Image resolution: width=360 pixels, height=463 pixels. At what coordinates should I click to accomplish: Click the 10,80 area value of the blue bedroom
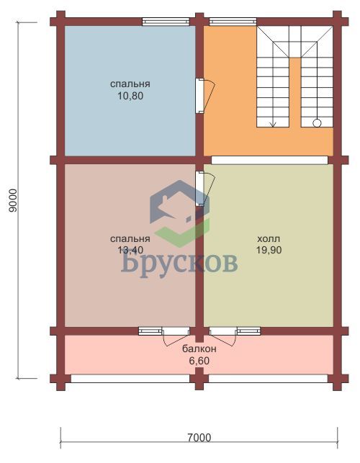coord(130,96)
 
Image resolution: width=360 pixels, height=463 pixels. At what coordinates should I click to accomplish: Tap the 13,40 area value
coord(130,250)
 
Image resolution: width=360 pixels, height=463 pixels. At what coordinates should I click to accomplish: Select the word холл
coord(269,238)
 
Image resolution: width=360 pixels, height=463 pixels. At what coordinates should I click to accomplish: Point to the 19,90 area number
coord(269,250)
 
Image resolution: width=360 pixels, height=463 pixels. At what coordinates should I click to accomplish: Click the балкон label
coord(199,349)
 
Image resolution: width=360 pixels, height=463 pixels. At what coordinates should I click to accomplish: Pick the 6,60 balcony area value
coord(199,361)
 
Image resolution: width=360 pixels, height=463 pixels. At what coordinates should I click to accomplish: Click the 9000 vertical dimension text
coord(14,200)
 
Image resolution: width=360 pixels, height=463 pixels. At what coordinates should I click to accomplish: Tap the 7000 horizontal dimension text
coord(199,437)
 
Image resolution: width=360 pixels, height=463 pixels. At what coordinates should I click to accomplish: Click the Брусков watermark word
coord(179,263)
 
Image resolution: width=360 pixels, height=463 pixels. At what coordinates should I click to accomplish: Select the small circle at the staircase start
coord(317,123)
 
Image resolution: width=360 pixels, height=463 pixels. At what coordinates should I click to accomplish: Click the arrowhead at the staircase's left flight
coord(273,125)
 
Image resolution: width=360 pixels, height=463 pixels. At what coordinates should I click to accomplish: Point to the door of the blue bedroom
coord(205,95)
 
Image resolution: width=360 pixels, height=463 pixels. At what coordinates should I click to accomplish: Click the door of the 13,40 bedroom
coord(205,189)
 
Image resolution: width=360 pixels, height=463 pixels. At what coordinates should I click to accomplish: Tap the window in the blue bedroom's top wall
coord(166,22)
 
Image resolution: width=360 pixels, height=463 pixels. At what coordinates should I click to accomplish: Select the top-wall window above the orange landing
coord(233,22)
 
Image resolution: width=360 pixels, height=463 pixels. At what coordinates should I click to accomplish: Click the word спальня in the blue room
coord(130,84)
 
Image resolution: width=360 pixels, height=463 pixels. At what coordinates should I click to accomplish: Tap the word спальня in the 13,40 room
coord(130,238)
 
